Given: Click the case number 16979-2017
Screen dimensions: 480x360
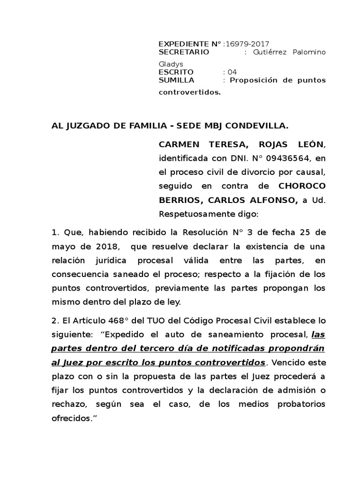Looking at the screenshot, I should click(247, 44).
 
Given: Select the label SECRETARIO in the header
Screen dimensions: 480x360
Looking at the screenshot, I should click(184, 52).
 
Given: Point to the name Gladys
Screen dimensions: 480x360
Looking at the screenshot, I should click(171, 64).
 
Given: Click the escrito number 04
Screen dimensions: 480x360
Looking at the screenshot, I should click(232, 72).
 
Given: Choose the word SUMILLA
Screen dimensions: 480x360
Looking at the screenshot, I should click(177, 80).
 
